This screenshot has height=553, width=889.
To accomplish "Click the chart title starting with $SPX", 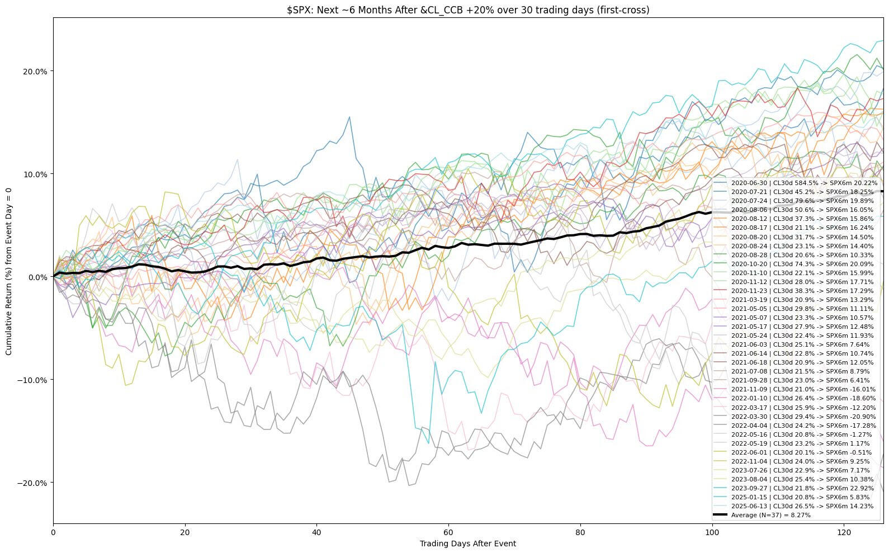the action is click(x=468, y=10).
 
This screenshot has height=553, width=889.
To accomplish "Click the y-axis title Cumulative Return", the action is click(x=8, y=272).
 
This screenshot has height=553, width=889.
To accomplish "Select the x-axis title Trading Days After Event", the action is click(x=468, y=543).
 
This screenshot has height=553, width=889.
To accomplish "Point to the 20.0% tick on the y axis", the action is click(x=35, y=72).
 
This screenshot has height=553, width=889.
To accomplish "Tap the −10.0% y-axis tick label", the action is click(x=32, y=380).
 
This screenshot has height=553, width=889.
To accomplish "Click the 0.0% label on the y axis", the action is click(x=37, y=277).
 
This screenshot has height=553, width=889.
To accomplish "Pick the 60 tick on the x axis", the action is click(x=448, y=532).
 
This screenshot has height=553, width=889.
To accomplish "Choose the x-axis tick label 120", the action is click(x=844, y=532).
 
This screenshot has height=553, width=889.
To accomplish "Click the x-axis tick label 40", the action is click(x=316, y=532).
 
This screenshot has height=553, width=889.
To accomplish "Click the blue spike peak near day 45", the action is click(x=349, y=117).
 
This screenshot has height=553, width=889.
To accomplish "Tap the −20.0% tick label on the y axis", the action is click(x=32, y=483).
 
